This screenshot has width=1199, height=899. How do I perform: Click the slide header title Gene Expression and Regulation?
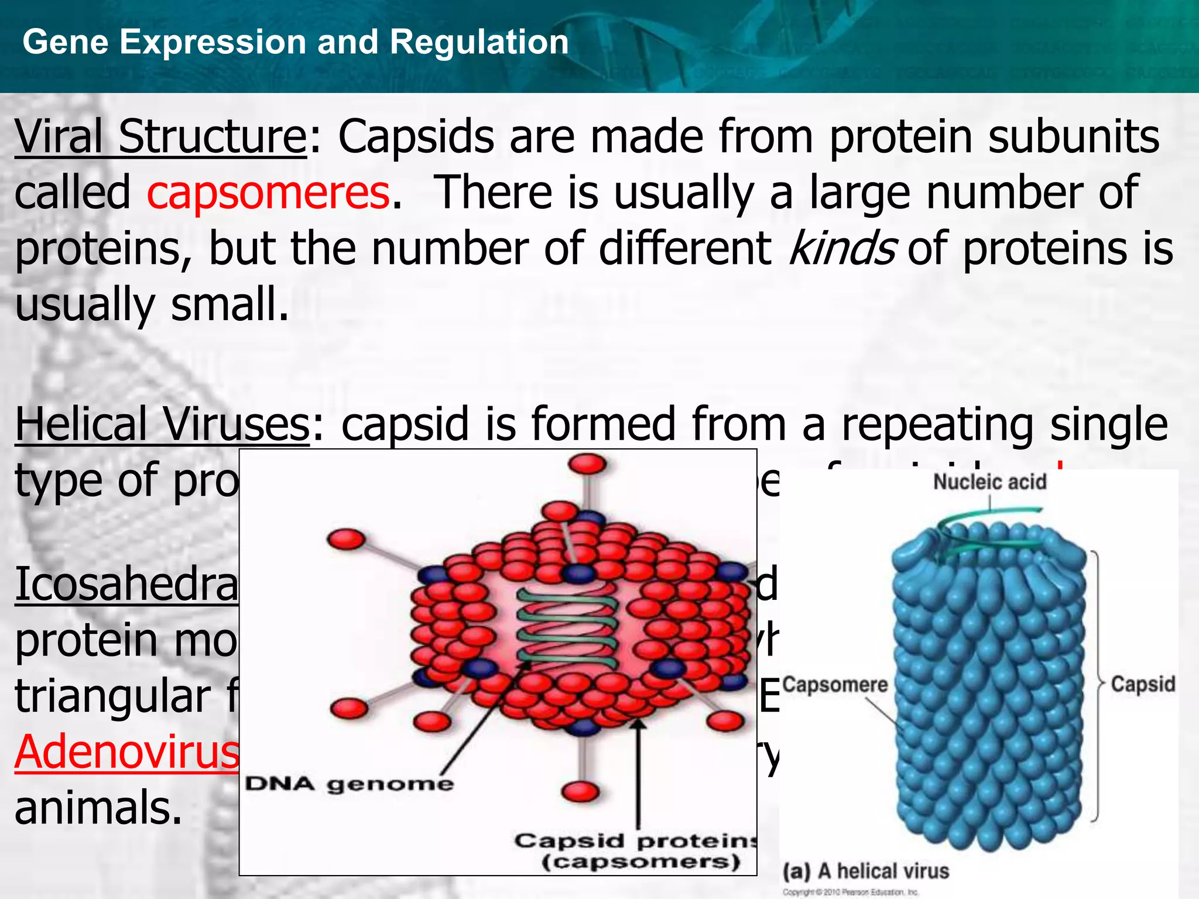pyautogui.click(x=296, y=42)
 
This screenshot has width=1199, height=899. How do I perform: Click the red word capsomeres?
pyautogui.click(x=268, y=193)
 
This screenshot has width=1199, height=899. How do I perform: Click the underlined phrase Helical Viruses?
pyautogui.click(x=162, y=424)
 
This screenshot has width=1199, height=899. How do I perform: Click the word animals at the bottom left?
pyautogui.click(x=98, y=808)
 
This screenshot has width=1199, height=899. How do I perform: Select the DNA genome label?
pyautogui.click(x=349, y=784)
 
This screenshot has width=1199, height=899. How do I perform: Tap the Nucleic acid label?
pyautogui.click(x=989, y=482)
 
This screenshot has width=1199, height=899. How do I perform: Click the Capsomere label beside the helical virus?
pyautogui.click(x=835, y=684)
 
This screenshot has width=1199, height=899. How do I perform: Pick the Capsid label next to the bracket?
pyautogui.click(x=1143, y=684)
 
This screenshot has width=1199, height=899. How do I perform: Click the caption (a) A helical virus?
pyautogui.click(x=866, y=871)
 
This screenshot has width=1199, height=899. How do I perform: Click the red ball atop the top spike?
pyautogui.click(x=587, y=464)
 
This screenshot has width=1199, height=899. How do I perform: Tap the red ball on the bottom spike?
pyautogui.click(x=580, y=791)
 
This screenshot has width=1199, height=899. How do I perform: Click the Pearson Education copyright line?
pyautogui.click(x=851, y=893)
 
